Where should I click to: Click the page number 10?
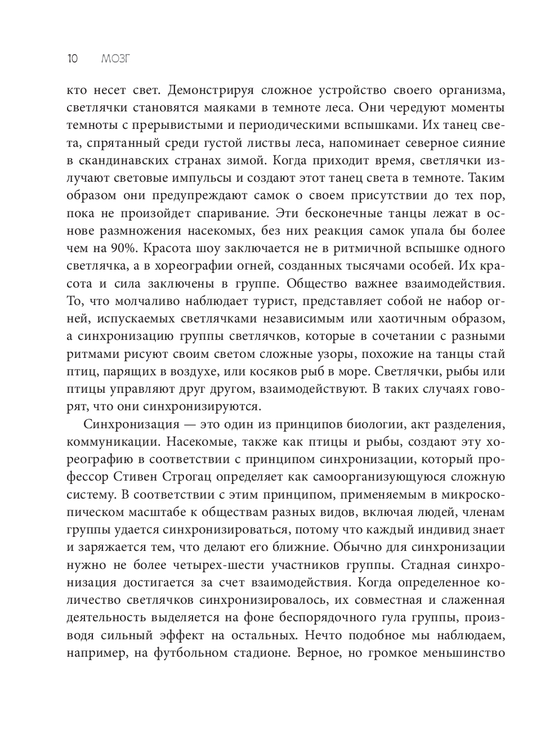coord(72,59)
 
